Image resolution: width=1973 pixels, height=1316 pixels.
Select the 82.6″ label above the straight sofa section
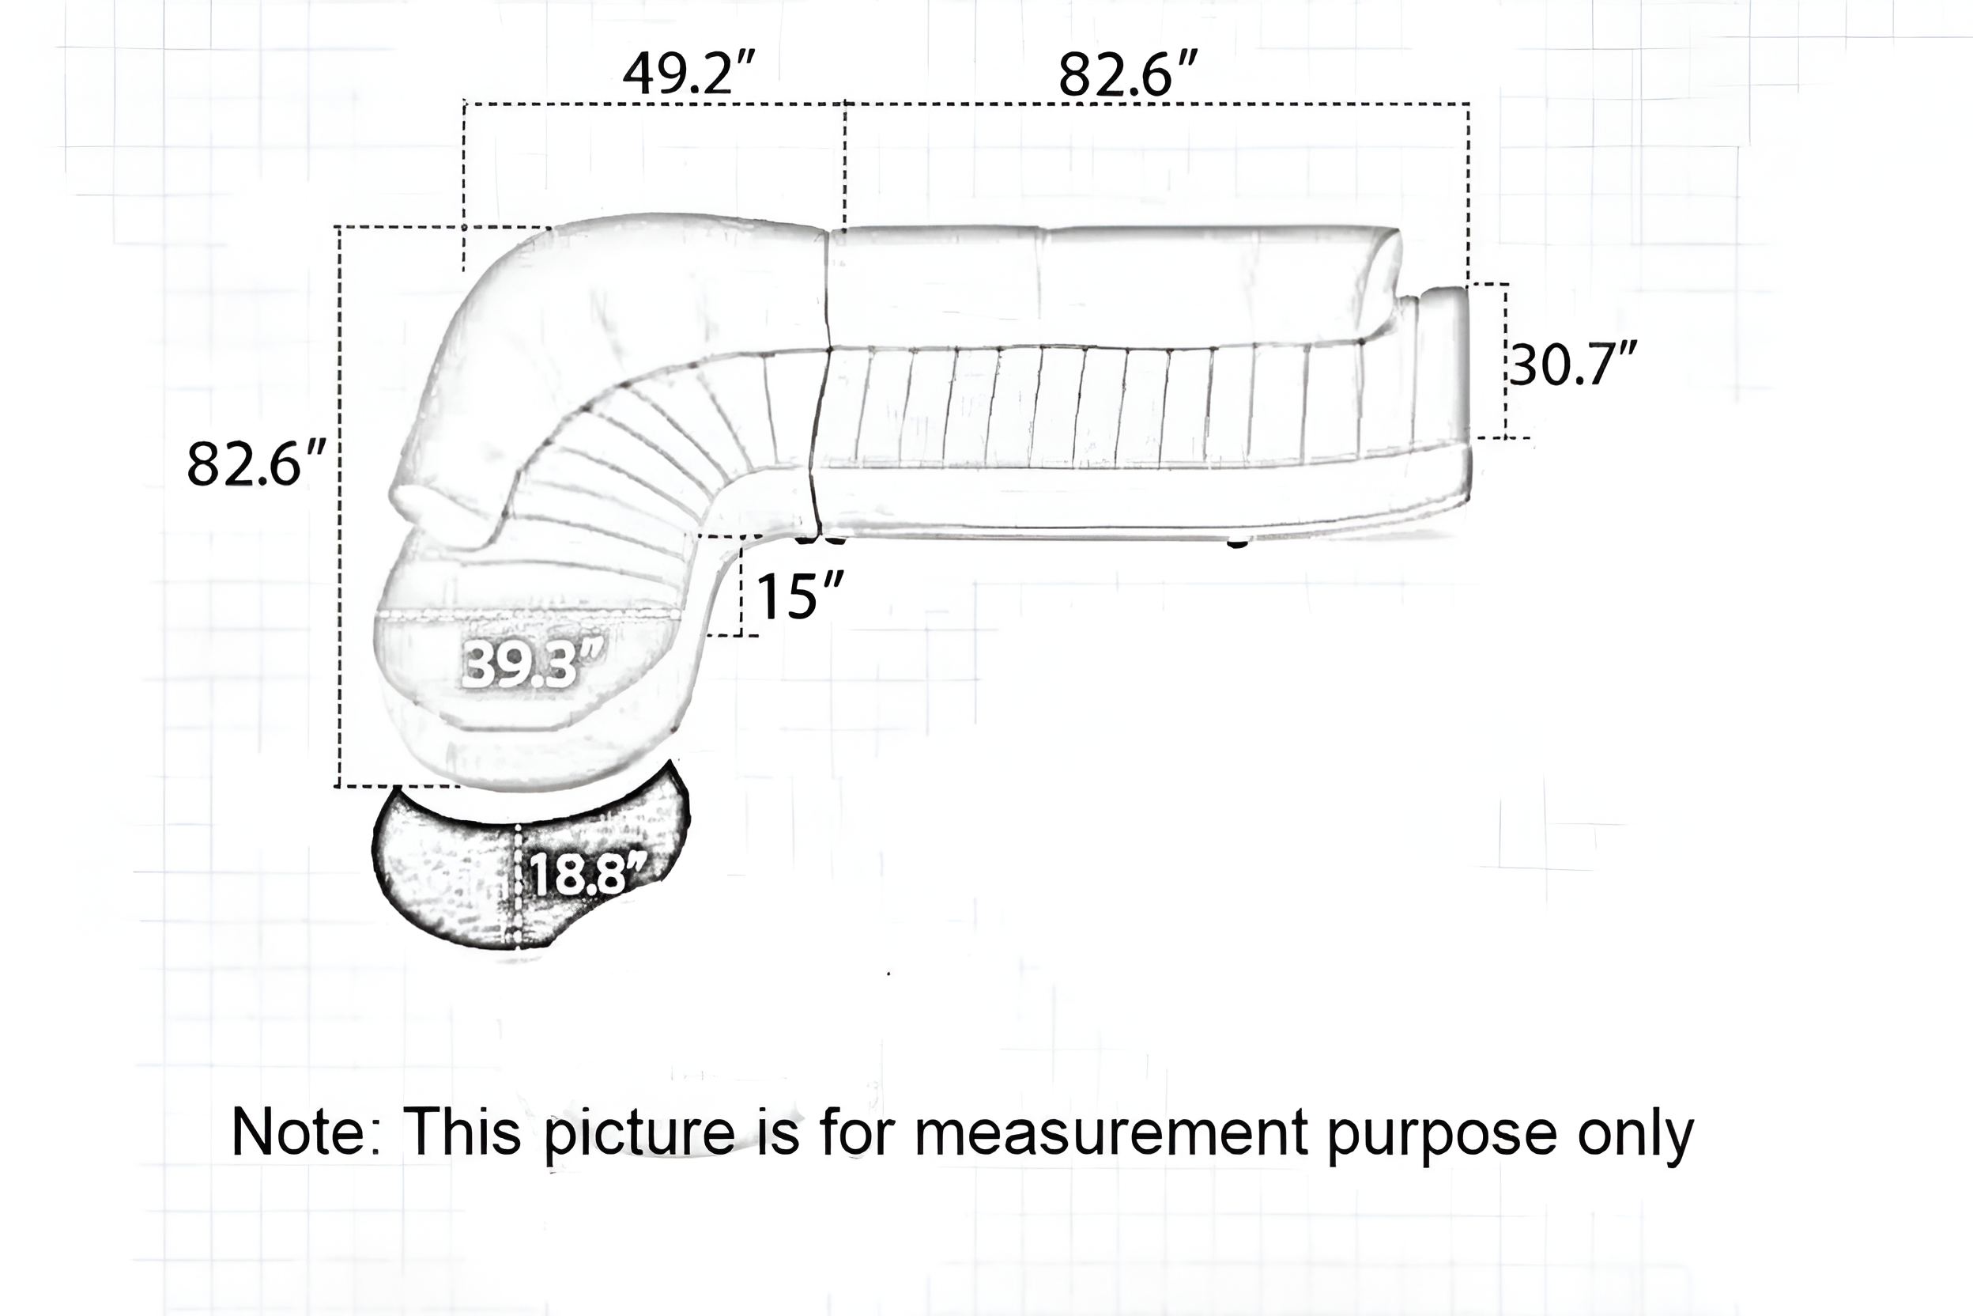coord(1126,74)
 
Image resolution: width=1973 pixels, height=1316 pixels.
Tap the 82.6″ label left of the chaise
coord(256,463)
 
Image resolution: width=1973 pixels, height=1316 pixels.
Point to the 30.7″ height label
coord(1573,364)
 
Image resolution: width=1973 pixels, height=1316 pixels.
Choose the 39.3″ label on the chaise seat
coord(532,664)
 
